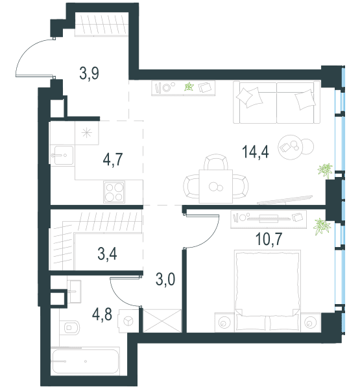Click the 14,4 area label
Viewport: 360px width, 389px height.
(255, 152)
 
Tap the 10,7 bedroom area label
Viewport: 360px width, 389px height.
(269, 239)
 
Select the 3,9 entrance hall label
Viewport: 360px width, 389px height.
(89, 73)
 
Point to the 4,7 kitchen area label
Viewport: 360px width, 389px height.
(113, 159)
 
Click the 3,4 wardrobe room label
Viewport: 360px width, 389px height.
(107, 253)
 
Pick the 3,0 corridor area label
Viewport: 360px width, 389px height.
(165, 279)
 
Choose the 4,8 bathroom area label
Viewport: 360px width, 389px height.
(102, 314)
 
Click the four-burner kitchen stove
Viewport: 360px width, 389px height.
(114, 192)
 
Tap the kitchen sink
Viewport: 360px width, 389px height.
(63, 156)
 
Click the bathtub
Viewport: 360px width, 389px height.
(85, 361)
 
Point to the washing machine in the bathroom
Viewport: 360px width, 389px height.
(128, 321)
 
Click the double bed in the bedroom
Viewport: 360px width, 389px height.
(268, 290)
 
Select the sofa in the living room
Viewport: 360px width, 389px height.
(276, 102)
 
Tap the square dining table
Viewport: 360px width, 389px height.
(216, 187)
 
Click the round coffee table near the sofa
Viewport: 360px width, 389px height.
(291, 147)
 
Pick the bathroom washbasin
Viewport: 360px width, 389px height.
(74, 292)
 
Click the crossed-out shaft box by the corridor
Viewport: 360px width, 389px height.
(162, 320)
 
